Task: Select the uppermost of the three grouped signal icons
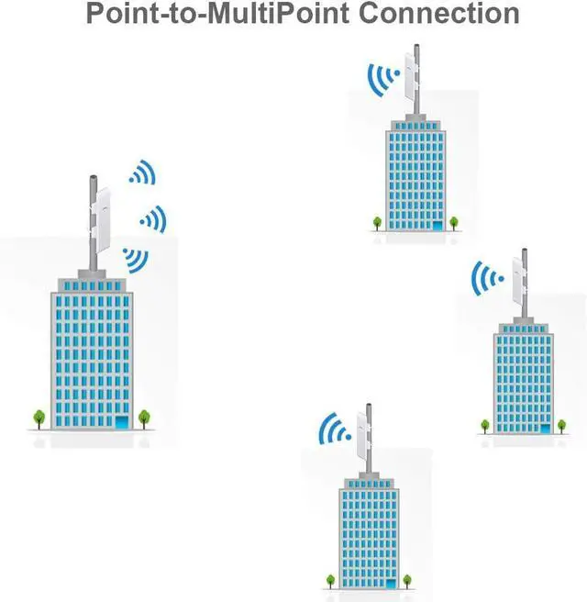coord(142,173)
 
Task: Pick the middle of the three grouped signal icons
coord(153,218)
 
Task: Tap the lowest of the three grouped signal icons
coord(137,260)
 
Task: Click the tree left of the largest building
coord(39,418)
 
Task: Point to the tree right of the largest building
coord(144,418)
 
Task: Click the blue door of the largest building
coord(121,422)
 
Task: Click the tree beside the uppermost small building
coord(377,221)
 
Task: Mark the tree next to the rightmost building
coord(484,425)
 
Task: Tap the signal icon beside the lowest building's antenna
coord(335,429)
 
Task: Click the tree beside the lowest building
coord(330,580)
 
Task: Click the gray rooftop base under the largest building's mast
coord(92,274)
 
